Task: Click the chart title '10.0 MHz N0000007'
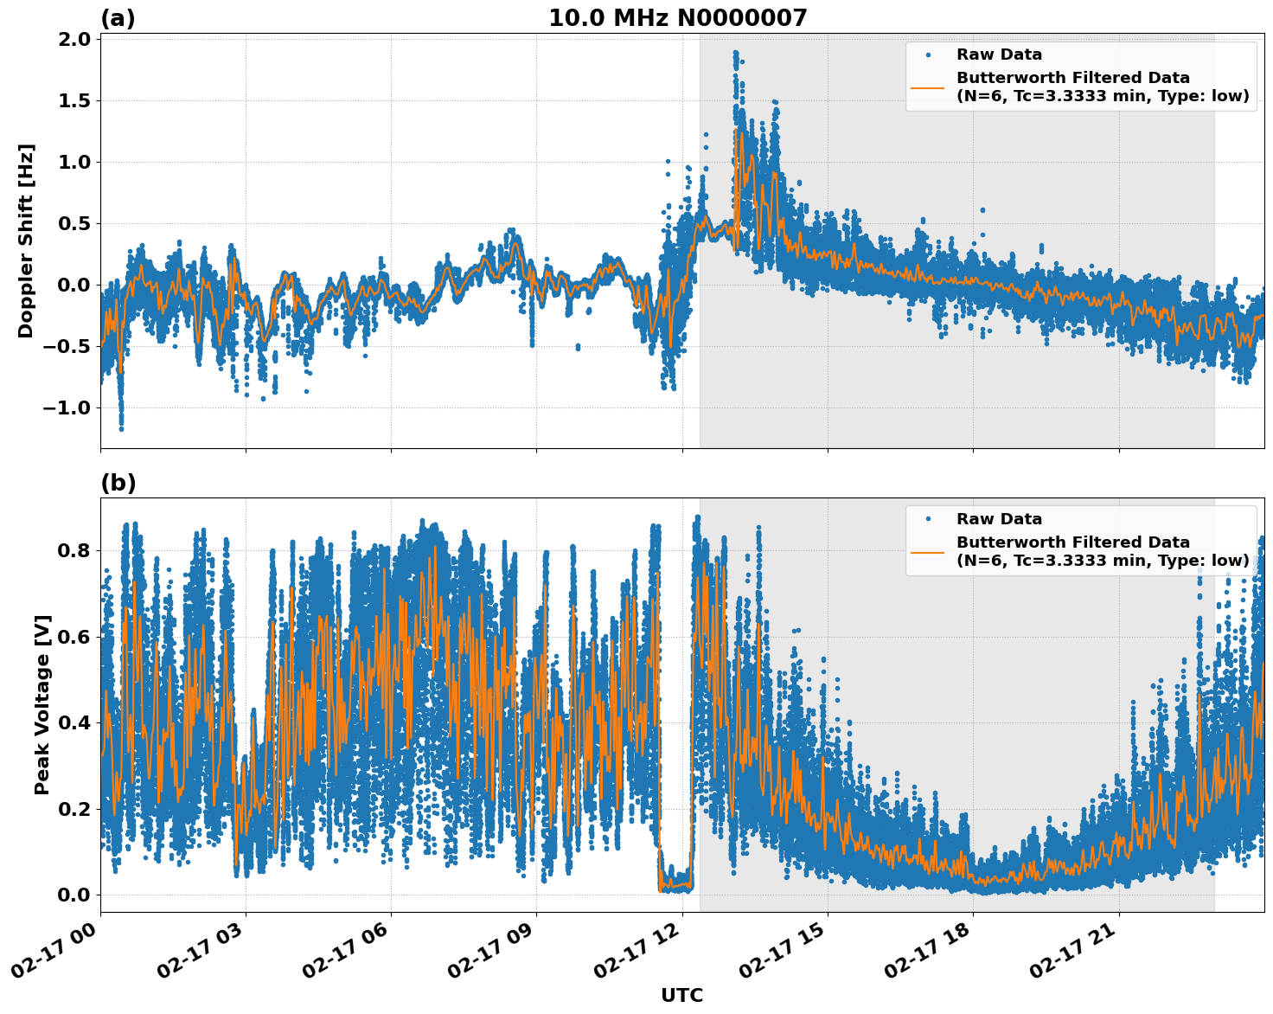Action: pos(677,18)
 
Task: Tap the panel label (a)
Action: pos(118,18)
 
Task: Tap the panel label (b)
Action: pos(118,483)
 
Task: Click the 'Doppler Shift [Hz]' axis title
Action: pos(26,241)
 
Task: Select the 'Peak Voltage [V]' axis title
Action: pos(42,704)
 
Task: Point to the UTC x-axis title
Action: pos(681,995)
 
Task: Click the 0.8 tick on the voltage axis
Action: pos(74,550)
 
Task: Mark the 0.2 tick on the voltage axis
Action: pos(74,809)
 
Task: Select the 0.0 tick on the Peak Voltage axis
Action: pos(74,895)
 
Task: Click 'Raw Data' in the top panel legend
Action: pos(999,55)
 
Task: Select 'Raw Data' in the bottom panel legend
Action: pos(999,519)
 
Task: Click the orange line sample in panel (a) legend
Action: pos(928,87)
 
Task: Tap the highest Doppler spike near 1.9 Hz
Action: pos(736,54)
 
